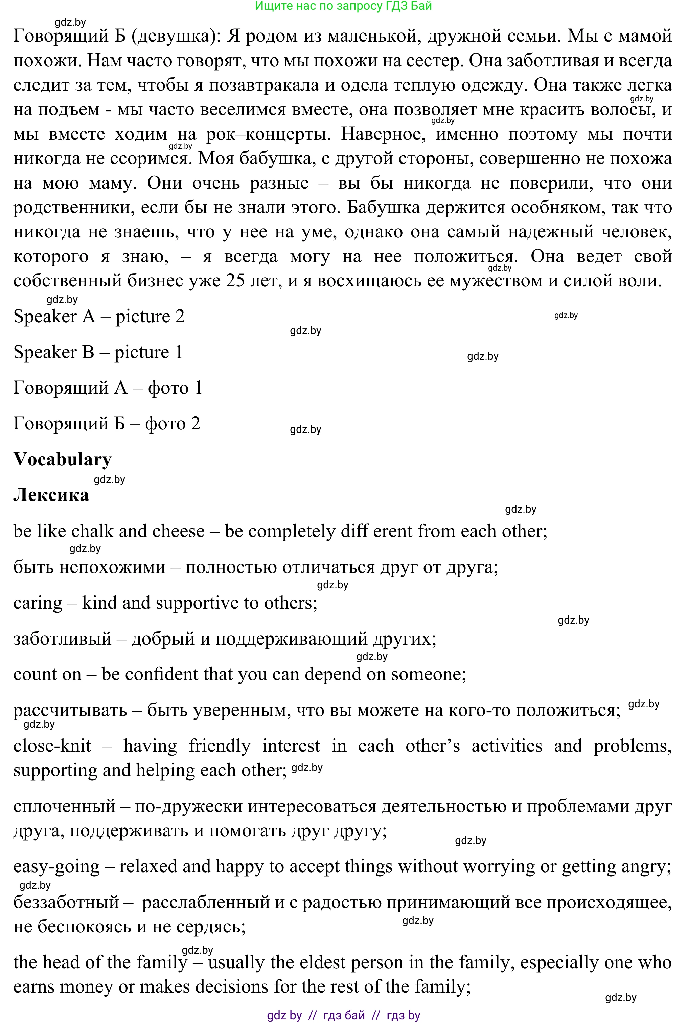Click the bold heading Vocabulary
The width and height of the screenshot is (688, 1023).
click(x=62, y=459)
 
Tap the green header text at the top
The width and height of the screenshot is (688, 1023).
click(x=344, y=6)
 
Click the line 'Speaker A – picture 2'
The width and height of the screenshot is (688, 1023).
click(x=99, y=316)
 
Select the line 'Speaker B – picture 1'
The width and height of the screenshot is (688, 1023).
click(x=98, y=352)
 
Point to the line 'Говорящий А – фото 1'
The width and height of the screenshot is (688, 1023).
click(x=108, y=388)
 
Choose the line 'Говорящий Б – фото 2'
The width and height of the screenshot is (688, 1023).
click(x=107, y=424)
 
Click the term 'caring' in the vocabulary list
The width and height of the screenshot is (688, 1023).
click(x=38, y=603)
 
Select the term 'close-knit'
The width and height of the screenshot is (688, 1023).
click(x=52, y=746)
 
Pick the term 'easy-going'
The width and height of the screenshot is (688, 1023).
click(x=56, y=867)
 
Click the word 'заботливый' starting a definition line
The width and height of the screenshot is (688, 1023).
click(x=62, y=639)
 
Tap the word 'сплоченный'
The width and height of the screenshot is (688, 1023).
click(x=64, y=806)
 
